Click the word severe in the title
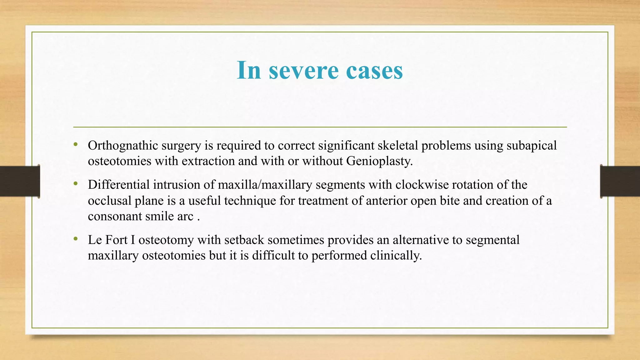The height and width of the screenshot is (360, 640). (x=303, y=70)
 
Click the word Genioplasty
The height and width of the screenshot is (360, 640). (x=379, y=161)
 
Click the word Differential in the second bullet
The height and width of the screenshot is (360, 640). (x=119, y=185)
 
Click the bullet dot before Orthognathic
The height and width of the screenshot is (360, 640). (x=75, y=144)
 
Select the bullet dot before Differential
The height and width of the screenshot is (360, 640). (x=75, y=184)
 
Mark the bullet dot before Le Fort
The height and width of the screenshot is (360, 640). (x=75, y=239)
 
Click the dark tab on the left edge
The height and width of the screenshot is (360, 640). (x=20, y=181)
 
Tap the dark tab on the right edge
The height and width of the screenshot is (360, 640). (x=620, y=181)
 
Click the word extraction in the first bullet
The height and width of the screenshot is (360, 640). (x=208, y=161)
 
